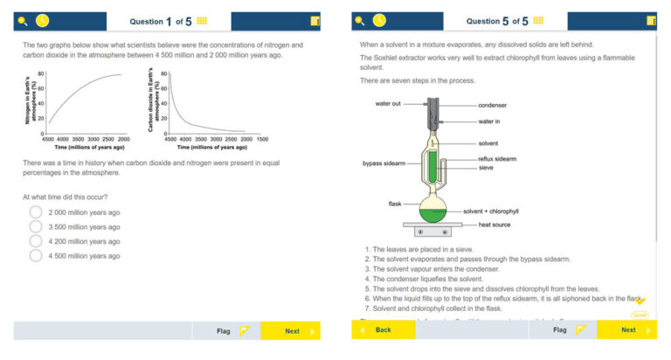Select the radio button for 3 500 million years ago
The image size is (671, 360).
click(x=36, y=226)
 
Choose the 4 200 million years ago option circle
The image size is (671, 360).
click(x=36, y=241)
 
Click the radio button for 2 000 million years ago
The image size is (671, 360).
click(x=36, y=212)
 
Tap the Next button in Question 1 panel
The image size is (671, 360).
click(x=292, y=331)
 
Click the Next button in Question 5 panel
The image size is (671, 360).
click(x=628, y=330)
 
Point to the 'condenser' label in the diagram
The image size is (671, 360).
click(x=492, y=105)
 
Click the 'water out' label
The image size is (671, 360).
click(x=388, y=103)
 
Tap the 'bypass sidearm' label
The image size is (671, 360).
click(x=382, y=163)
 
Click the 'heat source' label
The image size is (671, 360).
click(x=495, y=225)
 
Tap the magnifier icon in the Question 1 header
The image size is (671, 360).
click(x=22, y=20)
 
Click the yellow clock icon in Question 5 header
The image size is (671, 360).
click(x=379, y=20)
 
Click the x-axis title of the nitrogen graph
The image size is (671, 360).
click(x=86, y=147)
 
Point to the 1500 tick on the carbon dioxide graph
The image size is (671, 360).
click(x=262, y=139)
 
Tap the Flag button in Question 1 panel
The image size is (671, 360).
click(x=230, y=331)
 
